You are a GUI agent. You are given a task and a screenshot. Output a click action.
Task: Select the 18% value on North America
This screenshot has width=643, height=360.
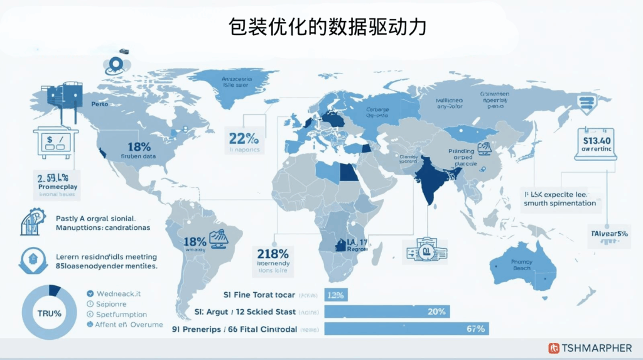click(139, 146)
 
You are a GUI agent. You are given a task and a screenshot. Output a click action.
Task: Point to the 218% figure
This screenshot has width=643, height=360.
click(273, 254)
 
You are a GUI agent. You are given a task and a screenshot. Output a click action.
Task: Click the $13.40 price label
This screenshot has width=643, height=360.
click(596, 138)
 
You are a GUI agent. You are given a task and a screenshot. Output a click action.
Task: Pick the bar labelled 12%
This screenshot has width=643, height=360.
click(336, 295)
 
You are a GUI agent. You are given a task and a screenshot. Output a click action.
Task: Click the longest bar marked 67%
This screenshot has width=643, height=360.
click(406, 328)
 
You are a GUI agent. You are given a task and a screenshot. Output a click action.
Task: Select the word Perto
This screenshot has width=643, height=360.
click(100, 104)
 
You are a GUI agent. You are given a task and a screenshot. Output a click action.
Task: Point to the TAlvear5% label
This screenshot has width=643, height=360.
click(608, 234)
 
